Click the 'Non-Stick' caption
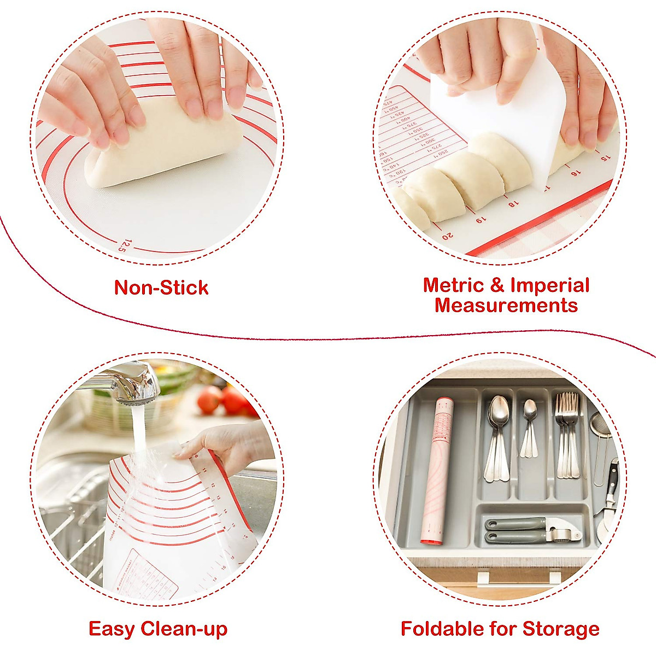(161, 288)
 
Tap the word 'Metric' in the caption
(453, 285)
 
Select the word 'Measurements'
(506, 305)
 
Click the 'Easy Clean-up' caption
(158, 629)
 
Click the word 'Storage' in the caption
(561, 629)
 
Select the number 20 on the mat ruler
(447, 236)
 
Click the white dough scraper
(508, 115)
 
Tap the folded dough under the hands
(164, 145)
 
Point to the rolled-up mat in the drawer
(435, 470)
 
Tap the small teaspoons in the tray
(529, 426)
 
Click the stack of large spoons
(498, 437)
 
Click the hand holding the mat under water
(230, 443)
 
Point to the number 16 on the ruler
(575, 173)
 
